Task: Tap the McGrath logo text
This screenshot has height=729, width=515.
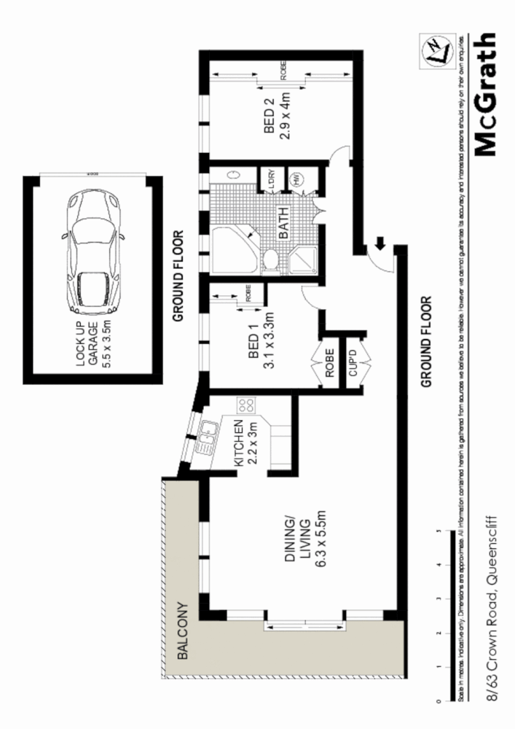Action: point(486,95)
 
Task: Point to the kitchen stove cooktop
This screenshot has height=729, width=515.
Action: point(243,405)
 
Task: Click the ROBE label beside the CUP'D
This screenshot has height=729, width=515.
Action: point(329,362)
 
